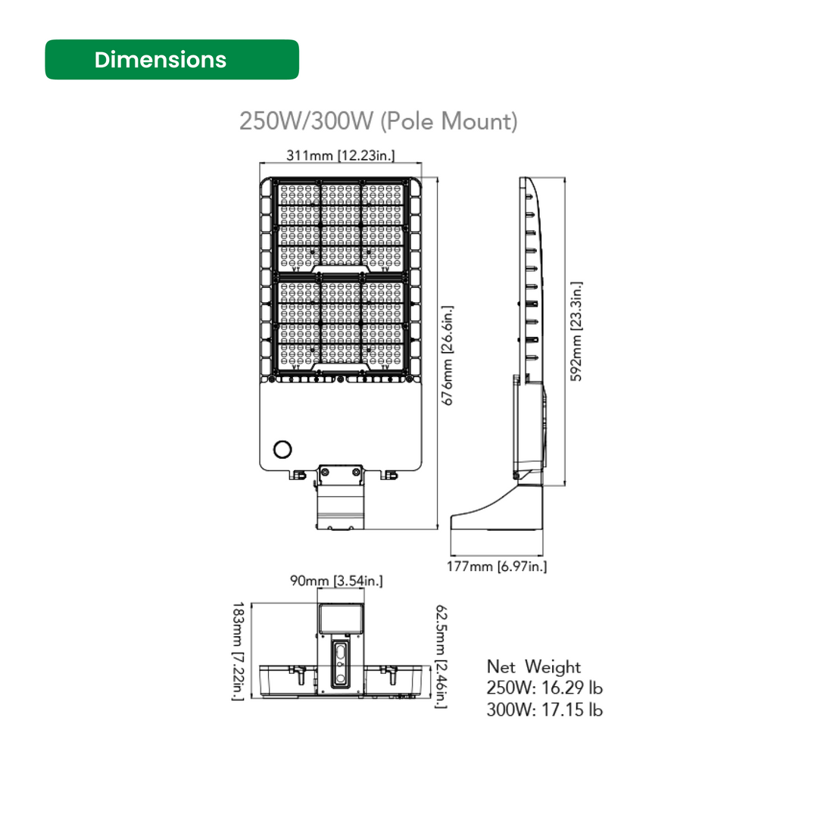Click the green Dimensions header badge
[172, 60]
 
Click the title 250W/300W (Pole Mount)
[378, 121]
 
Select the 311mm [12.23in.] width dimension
[340, 155]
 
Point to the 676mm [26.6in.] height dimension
[448, 356]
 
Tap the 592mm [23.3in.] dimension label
[576, 331]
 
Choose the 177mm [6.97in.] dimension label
[496, 566]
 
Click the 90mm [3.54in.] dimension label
[336, 581]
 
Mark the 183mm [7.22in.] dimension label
[237, 651]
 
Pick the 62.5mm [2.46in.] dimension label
[441, 656]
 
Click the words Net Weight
[533, 667]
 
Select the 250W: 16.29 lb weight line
[544, 688]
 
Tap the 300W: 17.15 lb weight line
[544, 710]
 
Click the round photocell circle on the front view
[282, 449]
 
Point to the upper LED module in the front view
[340, 224]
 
